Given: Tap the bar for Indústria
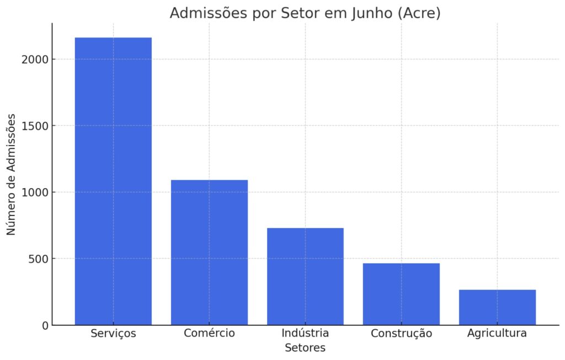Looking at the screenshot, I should [305, 276].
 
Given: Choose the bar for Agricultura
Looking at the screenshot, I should [497, 307].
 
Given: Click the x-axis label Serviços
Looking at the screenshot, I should [113, 334].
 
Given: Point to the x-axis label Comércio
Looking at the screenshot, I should [209, 334].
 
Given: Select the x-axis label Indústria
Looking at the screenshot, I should [305, 334].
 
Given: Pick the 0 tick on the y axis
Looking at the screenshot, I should [45, 325].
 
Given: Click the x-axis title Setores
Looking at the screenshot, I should [305, 348].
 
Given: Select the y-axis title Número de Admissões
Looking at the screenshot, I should [11, 174].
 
